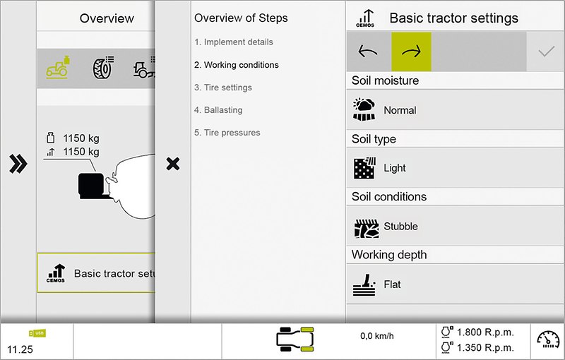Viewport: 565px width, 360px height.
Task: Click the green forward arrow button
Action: click(411, 52)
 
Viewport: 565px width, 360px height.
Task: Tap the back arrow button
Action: click(368, 52)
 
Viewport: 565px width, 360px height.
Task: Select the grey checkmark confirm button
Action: click(546, 52)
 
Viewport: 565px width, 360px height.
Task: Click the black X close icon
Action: click(173, 164)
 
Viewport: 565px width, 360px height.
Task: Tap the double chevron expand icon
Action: click(18, 164)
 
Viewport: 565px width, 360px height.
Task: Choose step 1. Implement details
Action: click(234, 42)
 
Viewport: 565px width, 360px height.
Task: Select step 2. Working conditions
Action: click(237, 65)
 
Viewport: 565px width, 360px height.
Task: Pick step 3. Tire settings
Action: click(223, 88)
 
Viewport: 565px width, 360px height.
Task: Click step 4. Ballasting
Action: click(218, 110)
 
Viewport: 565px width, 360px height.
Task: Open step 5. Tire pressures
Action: click(227, 133)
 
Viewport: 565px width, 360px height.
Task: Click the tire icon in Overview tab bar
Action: click(104, 67)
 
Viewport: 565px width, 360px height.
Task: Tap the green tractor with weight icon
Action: click(58, 67)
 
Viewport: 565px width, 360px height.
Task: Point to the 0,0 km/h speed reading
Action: click(377, 336)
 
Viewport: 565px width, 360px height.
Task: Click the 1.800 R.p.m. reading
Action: click(485, 332)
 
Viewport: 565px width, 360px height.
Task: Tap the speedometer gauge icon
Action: click(548, 340)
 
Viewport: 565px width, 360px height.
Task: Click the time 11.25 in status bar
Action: click(20, 349)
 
